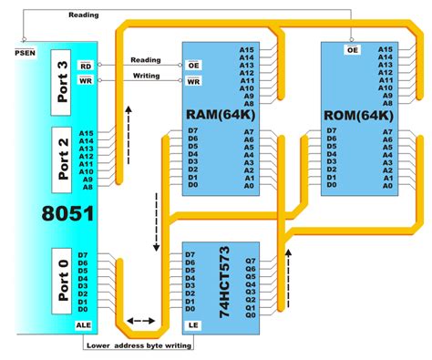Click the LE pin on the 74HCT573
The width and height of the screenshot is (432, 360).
tap(193, 325)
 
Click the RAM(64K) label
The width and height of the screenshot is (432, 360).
tap(222, 115)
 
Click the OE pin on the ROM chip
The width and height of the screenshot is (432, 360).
tap(352, 51)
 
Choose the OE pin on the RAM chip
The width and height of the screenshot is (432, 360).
tap(193, 65)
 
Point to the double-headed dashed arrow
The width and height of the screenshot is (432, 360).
tap(140, 321)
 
